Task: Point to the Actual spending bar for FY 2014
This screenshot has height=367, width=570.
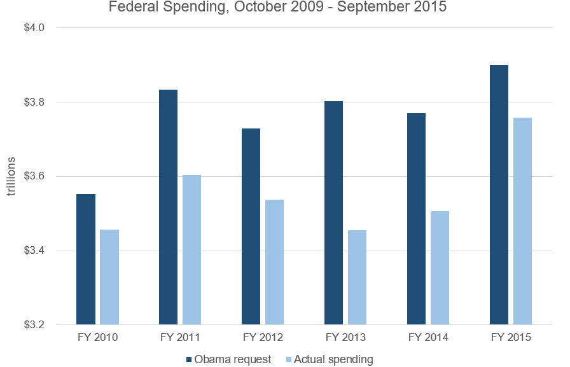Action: (440, 268)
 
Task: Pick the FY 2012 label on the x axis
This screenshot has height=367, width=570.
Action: (263, 337)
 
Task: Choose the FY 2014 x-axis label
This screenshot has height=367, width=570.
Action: (428, 337)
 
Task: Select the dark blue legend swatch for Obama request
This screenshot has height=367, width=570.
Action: (190, 359)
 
